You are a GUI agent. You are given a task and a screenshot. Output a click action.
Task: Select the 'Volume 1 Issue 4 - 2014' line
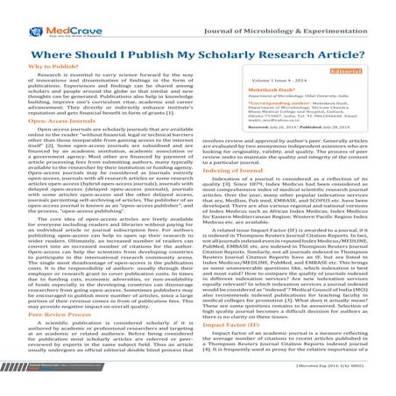[264, 81]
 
